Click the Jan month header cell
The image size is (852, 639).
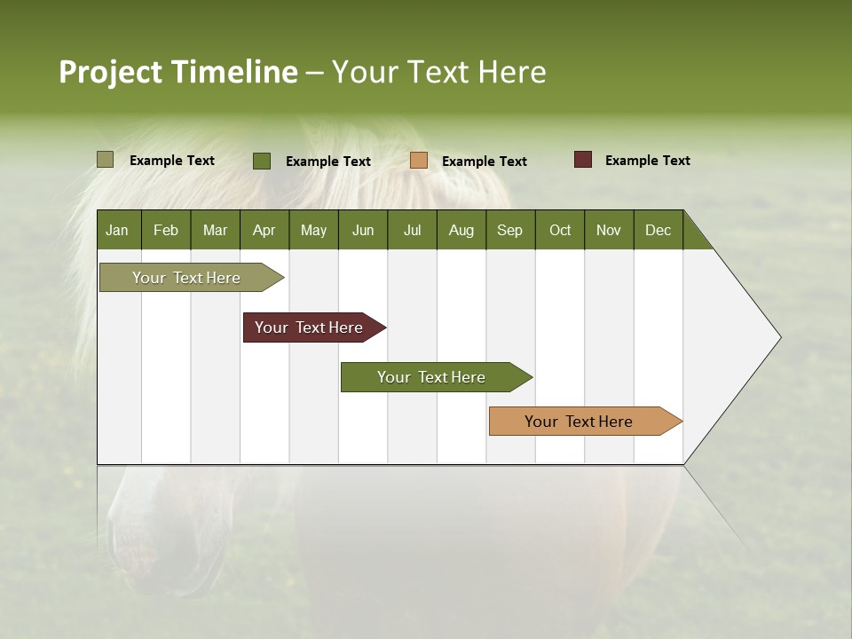[x=118, y=230]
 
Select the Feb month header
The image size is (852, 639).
[x=166, y=230]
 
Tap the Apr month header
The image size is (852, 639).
[x=264, y=230]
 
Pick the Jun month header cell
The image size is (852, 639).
[x=363, y=230]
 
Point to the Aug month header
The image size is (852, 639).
[x=461, y=230]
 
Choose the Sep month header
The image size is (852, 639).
[x=510, y=230]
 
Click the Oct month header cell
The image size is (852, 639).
[x=560, y=230]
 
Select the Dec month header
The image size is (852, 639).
[x=659, y=230]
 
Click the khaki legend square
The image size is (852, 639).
[x=105, y=160]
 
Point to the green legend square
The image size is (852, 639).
[x=262, y=161]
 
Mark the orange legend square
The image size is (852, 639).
[x=419, y=161]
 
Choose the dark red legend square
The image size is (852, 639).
[x=582, y=160]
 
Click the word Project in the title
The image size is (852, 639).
[x=110, y=73]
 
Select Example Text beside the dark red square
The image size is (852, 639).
[x=647, y=161]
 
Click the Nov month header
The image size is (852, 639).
[x=609, y=230]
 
